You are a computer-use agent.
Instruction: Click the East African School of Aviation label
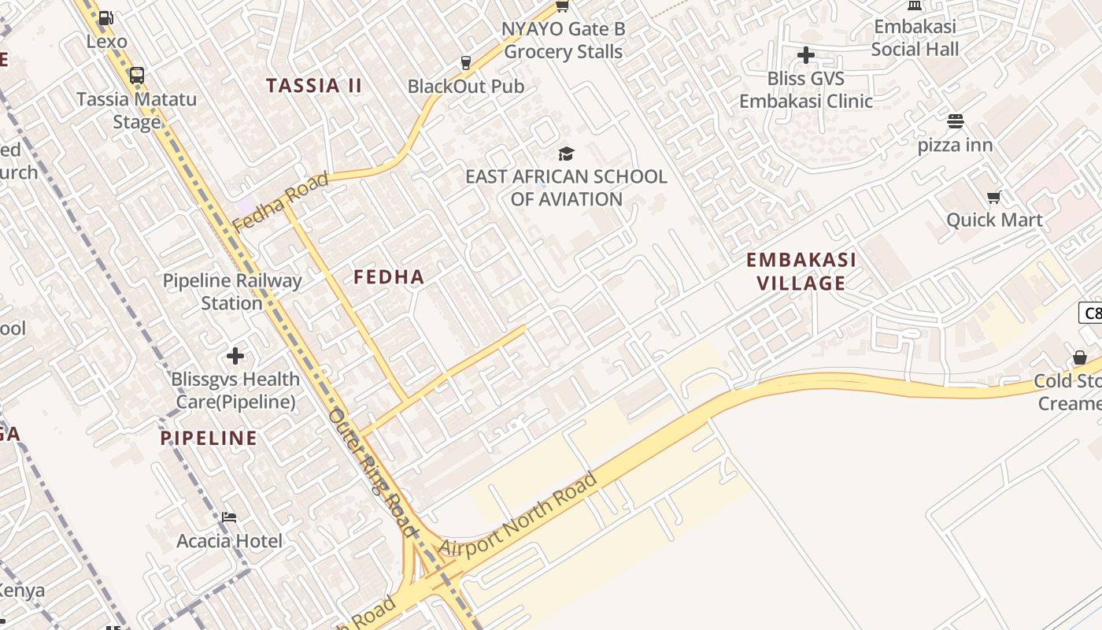pos(566,187)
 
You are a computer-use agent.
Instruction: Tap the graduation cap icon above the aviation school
pos(566,154)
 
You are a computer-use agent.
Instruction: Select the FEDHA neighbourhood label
pos(389,277)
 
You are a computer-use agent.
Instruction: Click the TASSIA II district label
pos(314,86)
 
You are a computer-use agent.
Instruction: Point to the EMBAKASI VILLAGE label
pos(801,271)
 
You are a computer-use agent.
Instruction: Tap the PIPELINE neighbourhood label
pos(209,439)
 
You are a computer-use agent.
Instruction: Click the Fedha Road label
pos(280,202)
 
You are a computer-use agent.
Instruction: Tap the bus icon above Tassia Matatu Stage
pos(137,76)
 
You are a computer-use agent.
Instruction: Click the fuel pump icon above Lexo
pos(106,18)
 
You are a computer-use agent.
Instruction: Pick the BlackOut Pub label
pos(466,87)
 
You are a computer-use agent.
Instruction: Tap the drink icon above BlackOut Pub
pos(466,62)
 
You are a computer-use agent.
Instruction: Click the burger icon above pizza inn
pos(956,121)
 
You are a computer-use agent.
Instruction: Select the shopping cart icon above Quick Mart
pos(994,197)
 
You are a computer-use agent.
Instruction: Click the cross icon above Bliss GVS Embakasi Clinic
pos(805,55)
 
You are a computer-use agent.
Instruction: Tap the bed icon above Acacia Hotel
pos(229,517)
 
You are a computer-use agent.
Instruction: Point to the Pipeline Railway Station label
pos(232,291)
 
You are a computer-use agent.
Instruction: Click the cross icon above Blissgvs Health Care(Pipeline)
pos(235,356)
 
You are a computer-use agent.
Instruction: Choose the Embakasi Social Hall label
pos(915,38)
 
